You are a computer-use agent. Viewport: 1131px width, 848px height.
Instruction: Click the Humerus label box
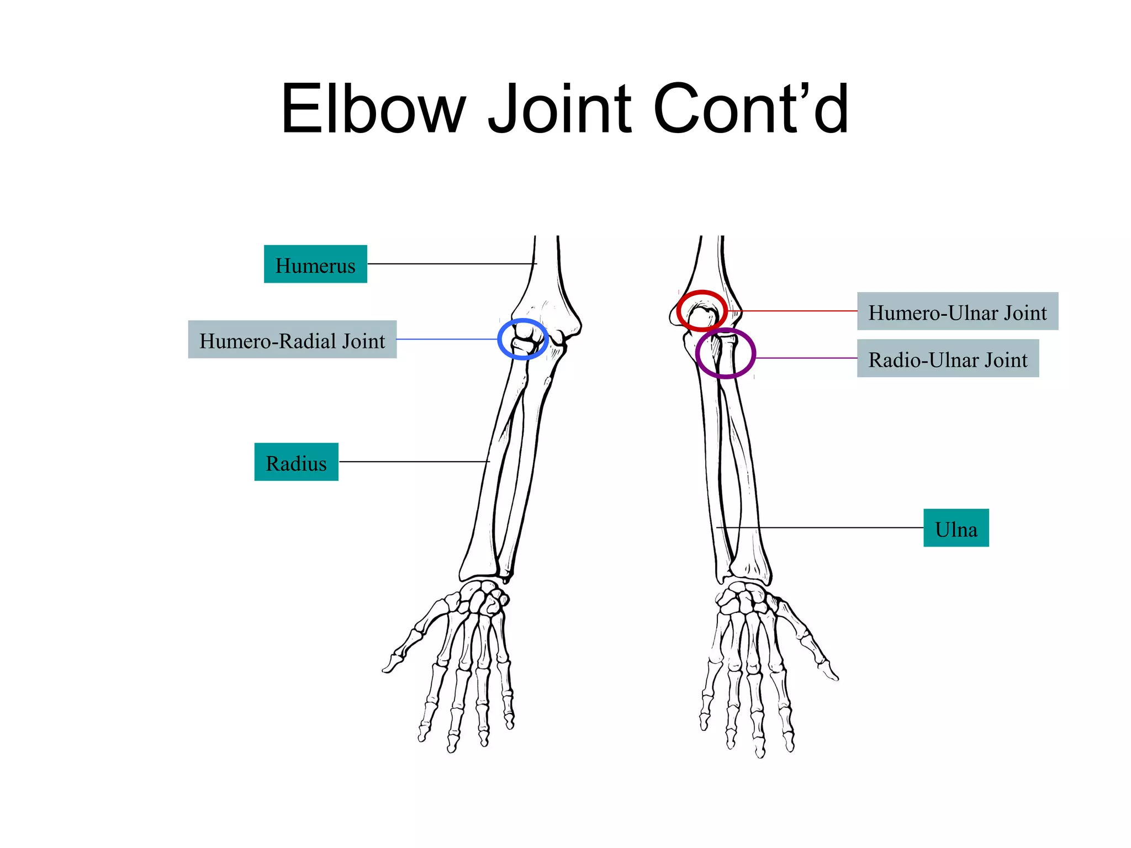315,264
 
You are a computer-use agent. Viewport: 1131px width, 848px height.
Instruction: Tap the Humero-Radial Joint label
292,340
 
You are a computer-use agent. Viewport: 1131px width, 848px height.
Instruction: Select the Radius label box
296,462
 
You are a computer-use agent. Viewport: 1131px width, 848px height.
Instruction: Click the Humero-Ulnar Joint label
957,311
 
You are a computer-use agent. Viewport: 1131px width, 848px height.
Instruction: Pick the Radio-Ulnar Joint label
948,359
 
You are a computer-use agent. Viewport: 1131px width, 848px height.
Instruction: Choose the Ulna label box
956,528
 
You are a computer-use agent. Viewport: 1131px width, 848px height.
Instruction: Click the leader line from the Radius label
414,462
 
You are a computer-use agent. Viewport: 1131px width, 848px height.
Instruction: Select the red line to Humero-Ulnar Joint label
795,311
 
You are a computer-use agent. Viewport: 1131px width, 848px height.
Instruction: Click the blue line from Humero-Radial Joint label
447,339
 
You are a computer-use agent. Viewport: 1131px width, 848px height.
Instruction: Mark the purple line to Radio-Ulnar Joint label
806,358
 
